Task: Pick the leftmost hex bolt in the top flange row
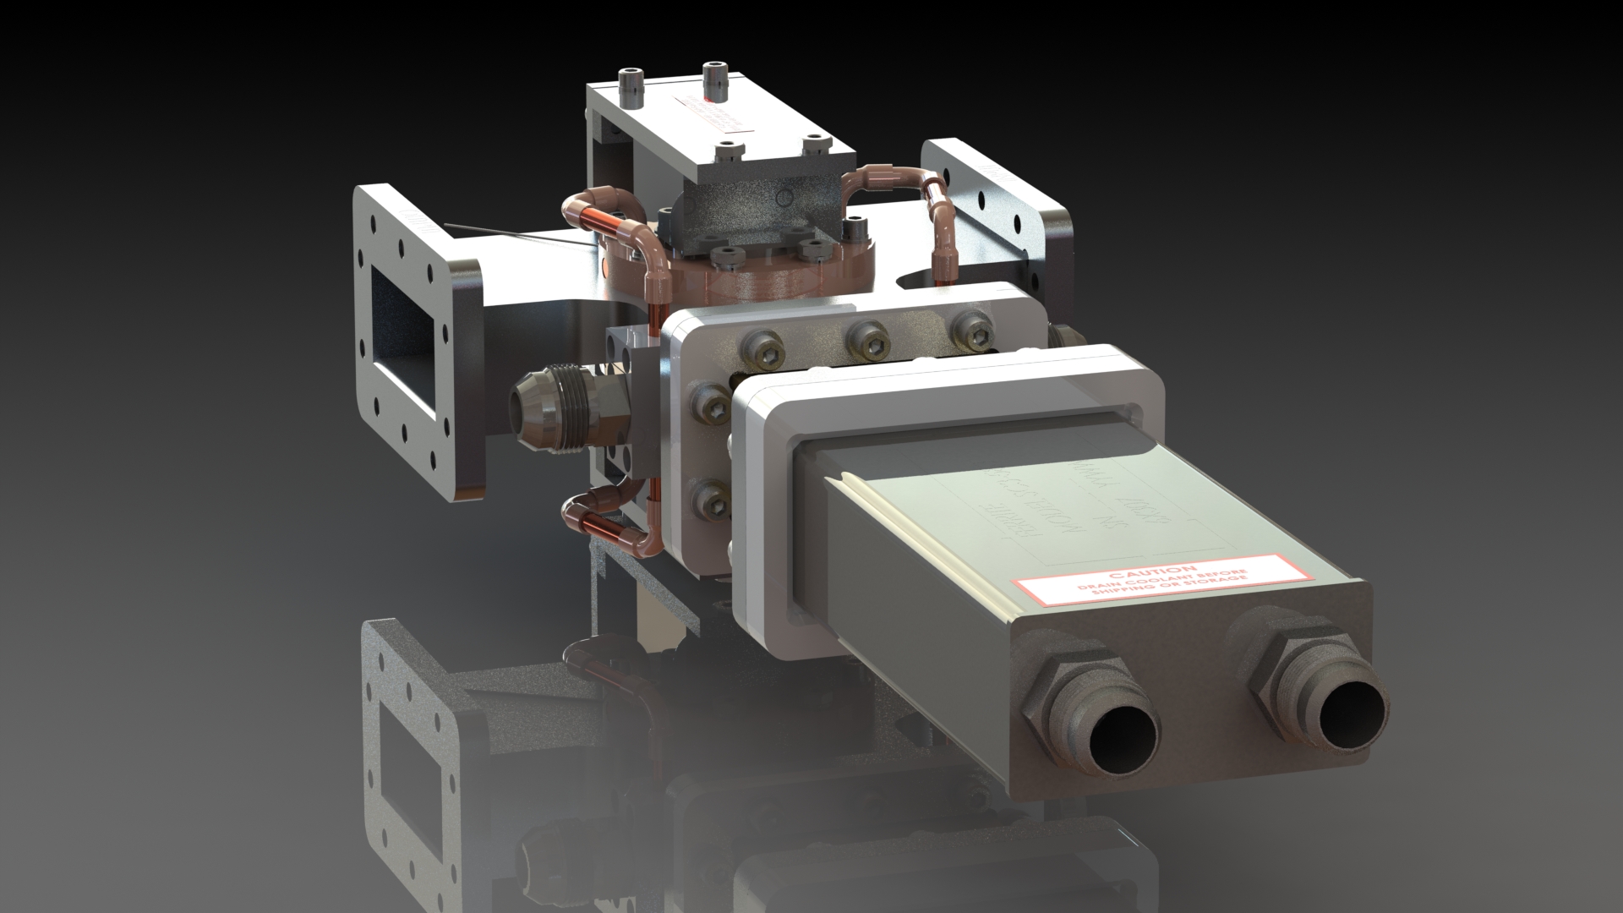764,347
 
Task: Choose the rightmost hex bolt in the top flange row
969,330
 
